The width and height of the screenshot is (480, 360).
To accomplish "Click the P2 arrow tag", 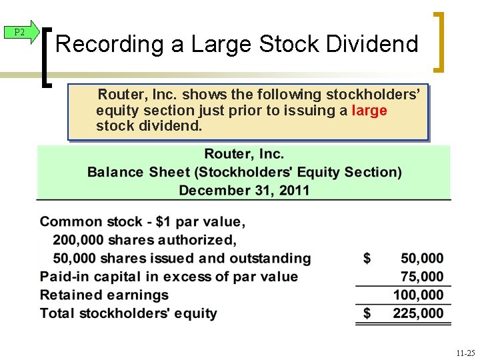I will click(x=21, y=33).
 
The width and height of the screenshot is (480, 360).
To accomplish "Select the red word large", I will click(x=369, y=110).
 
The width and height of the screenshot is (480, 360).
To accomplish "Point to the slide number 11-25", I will click(x=466, y=351).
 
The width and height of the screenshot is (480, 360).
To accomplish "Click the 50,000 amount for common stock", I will click(x=422, y=259).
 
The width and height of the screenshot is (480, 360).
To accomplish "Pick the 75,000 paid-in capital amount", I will click(x=422, y=277).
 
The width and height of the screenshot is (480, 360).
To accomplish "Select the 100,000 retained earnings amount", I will click(x=418, y=295).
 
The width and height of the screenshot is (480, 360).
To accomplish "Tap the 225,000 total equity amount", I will click(x=418, y=313).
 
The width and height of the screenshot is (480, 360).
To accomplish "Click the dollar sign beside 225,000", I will click(x=367, y=313).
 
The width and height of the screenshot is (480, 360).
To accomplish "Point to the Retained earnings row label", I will click(x=104, y=295).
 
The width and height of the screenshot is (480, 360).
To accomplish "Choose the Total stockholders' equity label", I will click(x=128, y=313).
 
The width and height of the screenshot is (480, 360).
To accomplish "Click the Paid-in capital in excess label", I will click(x=169, y=277).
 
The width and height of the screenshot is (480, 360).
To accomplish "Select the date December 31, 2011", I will click(x=244, y=190).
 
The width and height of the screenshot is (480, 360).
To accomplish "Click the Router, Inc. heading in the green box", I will click(x=244, y=155).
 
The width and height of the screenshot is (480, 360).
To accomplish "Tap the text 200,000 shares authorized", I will click(x=145, y=240).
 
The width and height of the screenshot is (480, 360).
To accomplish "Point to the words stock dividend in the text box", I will click(x=149, y=125).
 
